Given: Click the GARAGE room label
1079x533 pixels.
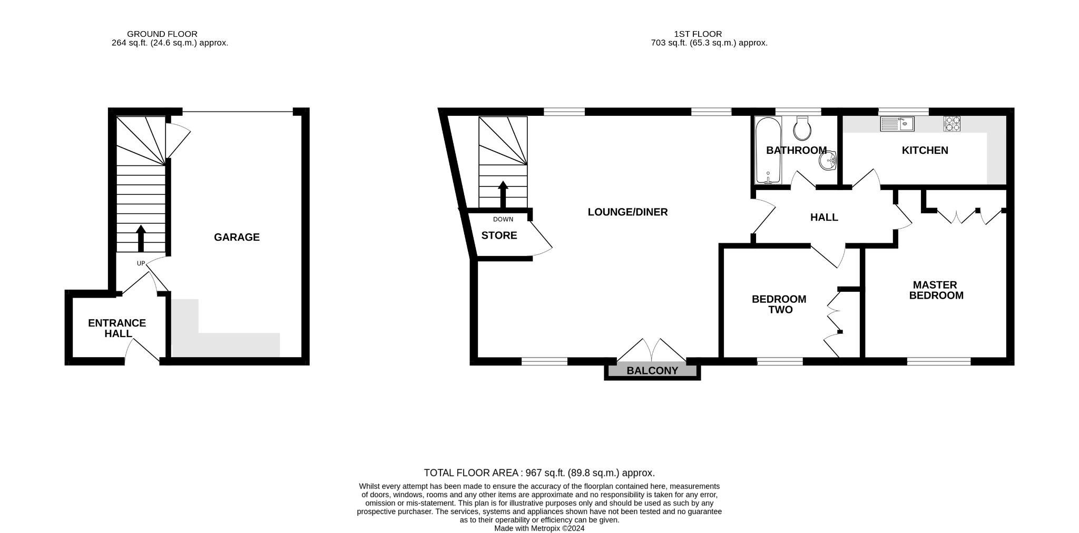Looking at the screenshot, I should (237, 237).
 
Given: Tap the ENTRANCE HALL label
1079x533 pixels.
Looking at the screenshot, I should (117, 328).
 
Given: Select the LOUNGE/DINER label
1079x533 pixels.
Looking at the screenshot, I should (627, 212).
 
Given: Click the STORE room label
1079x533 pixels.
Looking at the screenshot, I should (499, 235).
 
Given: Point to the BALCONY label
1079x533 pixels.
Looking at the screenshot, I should (652, 371).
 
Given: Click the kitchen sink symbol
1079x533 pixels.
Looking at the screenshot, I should (897, 124).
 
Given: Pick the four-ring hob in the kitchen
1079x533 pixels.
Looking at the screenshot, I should (952, 123).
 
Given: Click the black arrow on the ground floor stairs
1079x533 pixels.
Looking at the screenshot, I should (141, 239).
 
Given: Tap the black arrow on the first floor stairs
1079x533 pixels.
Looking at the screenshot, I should (503, 194).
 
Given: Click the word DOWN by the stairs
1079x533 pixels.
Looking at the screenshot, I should (503, 219).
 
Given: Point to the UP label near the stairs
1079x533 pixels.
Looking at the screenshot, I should (141, 263).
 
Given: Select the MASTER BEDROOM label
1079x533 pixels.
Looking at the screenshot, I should (936, 290).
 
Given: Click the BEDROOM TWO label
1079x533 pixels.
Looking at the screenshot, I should (779, 304).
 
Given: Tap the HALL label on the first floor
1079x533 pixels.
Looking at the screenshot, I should (824, 217).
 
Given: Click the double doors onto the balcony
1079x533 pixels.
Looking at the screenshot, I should (652, 350).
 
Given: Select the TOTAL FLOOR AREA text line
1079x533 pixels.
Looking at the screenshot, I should (539, 473).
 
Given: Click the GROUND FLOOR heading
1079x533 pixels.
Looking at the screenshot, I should (162, 34).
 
